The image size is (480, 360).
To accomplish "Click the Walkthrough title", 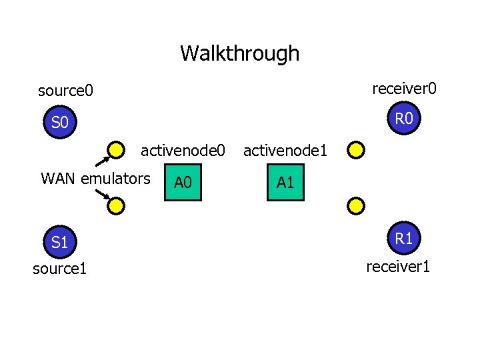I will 239,53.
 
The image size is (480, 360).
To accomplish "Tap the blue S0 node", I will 60,123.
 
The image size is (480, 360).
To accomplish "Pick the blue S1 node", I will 60,242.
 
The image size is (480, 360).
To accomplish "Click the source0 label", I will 66,89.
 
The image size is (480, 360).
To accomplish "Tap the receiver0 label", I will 404,88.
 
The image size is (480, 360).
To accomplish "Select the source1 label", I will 60,268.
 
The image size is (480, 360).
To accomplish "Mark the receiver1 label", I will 398,267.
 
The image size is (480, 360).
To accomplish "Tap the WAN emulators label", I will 95,179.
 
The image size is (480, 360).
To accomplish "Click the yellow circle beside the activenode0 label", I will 117,150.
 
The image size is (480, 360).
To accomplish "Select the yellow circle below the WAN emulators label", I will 117,206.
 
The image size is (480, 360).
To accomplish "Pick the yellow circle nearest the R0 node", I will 356,150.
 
